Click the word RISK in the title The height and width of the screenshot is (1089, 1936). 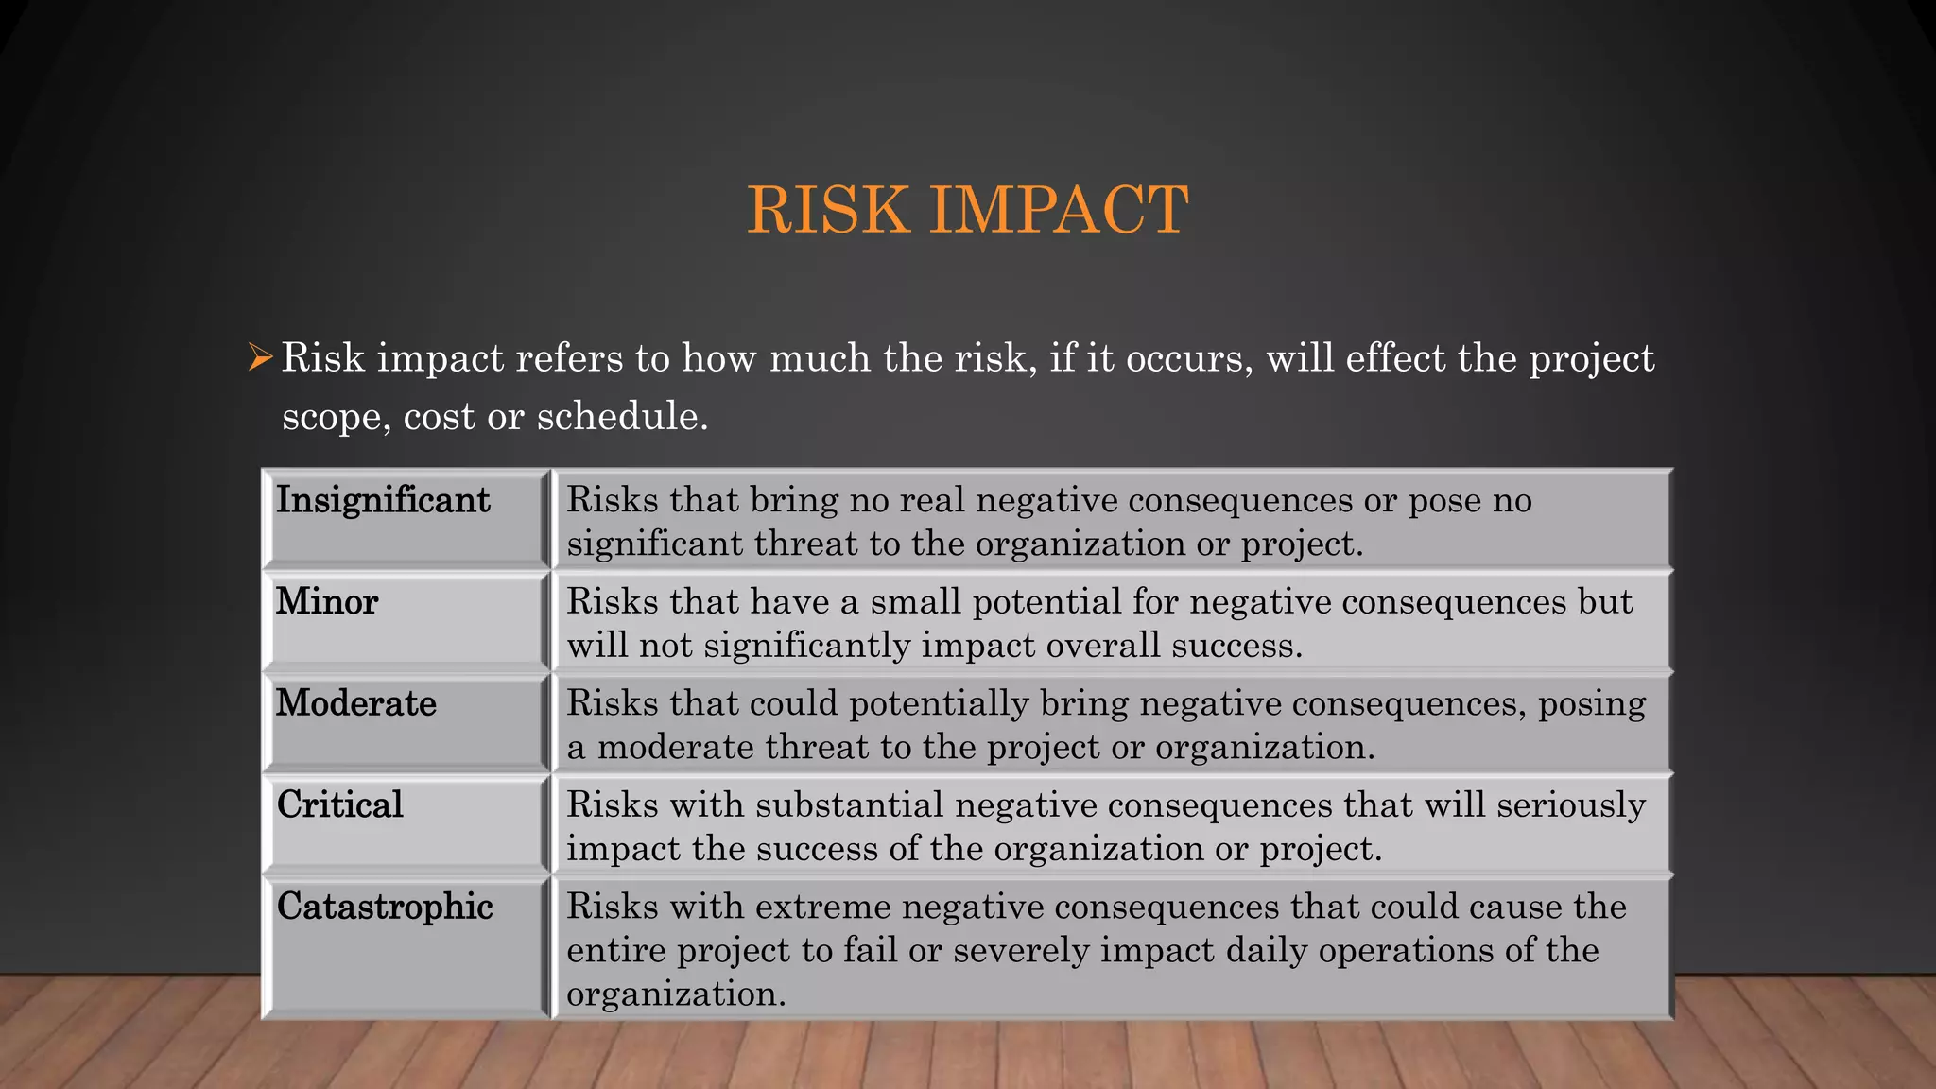pyautogui.click(x=829, y=210)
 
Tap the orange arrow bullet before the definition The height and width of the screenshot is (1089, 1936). pyautogui.click(x=260, y=358)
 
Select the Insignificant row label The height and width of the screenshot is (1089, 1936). pyautogui.click(x=383, y=500)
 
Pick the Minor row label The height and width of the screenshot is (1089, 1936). pyautogui.click(x=327, y=602)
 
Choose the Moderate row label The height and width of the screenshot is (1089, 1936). pyautogui.click(x=356, y=703)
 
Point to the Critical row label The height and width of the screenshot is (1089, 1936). pyautogui.click(x=340, y=805)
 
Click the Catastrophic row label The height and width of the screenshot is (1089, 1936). pyautogui.click(x=385, y=907)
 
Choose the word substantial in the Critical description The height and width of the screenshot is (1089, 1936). pyautogui.click(x=849, y=805)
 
